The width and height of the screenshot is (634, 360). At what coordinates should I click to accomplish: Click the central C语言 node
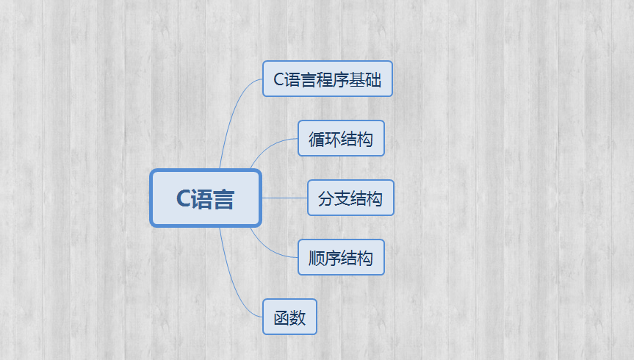(x=206, y=198)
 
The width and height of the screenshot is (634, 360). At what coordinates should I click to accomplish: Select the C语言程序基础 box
(x=328, y=79)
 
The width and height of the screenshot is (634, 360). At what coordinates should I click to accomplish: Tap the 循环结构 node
(x=341, y=138)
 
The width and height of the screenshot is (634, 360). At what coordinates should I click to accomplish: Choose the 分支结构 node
(x=350, y=198)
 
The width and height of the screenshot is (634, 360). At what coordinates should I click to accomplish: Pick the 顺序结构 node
(x=341, y=257)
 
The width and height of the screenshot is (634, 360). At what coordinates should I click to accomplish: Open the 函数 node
(x=289, y=317)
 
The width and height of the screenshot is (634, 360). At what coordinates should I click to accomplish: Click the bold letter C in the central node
(x=183, y=199)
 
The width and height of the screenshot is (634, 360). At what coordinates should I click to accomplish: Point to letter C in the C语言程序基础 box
(x=278, y=80)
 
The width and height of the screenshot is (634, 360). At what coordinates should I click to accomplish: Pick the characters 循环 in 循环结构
(x=325, y=139)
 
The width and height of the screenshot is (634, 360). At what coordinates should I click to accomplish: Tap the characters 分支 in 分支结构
(x=334, y=198)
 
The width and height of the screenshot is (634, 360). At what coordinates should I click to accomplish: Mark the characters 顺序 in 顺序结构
(x=325, y=258)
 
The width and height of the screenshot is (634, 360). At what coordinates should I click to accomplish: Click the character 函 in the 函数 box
(x=281, y=317)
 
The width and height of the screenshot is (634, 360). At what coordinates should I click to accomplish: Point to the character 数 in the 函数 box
(x=298, y=317)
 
